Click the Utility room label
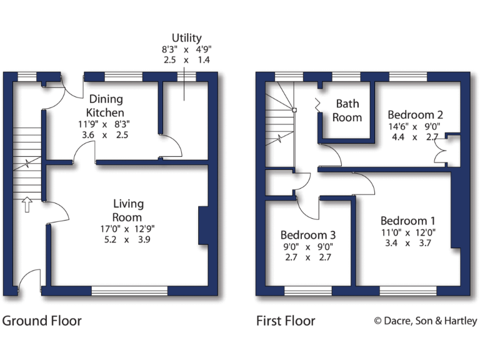[x=187, y=38]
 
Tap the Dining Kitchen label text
[x=105, y=106]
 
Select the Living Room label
[x=128, y=210]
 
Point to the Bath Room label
[x=347, y=110]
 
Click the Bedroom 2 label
[x=415, y=115]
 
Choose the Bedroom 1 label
[x=407, y=221]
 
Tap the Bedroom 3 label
[x=307, y=235]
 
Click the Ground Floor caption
[x=42, y=321]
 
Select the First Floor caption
[x=286, y=321]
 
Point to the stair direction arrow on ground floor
[x=27, y=204]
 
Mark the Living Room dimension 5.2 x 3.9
[x=128, y=239]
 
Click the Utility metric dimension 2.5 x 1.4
[x=187, y=60]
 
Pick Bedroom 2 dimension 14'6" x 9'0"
[x=415, y=126]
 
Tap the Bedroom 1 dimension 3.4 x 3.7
[x=407, y=243]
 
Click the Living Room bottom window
[x=129, y=291]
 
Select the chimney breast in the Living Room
[x=203, y=226]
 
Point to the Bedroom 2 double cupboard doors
[x=445, y=150]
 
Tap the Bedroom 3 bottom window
[x=308, y=291]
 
